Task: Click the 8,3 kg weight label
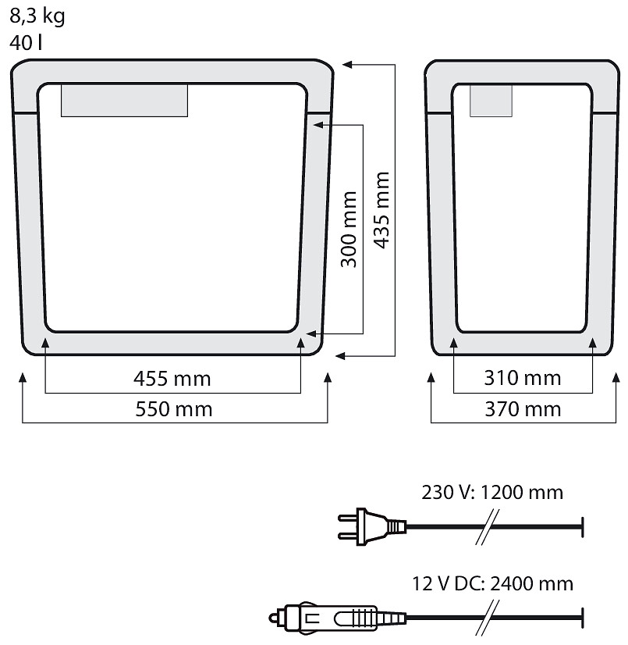tap(37, 16)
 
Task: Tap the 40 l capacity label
tap(26, 43)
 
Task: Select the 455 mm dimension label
tap(172, 379)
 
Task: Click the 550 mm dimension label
tap(174, 409)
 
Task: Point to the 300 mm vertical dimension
tap(349, 229)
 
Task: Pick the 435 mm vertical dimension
tap(381, 210)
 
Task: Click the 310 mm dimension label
tap(523, 378)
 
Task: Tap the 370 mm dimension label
tap(523, 409)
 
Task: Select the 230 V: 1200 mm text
tap(492, 493)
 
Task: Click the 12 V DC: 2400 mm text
tap(492, 583)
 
